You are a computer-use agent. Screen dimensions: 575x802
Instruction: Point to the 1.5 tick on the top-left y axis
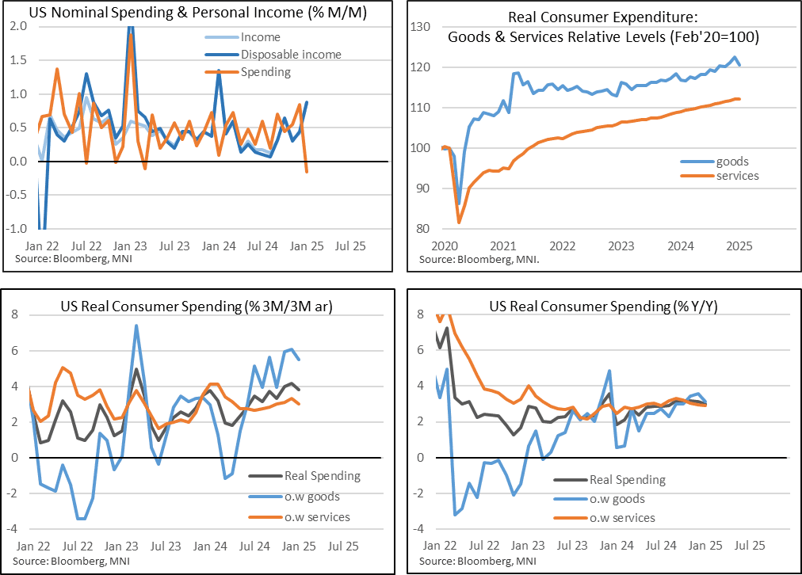coord(18,60)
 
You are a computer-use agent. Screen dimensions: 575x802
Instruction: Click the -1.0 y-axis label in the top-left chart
coord(16,229)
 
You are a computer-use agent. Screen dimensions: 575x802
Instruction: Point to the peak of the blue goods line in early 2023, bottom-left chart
coord(136,326)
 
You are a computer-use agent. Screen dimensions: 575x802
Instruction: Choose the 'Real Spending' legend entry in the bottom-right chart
coord(627,479)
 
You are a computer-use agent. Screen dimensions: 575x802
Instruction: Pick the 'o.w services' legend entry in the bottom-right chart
coord(622,517)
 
